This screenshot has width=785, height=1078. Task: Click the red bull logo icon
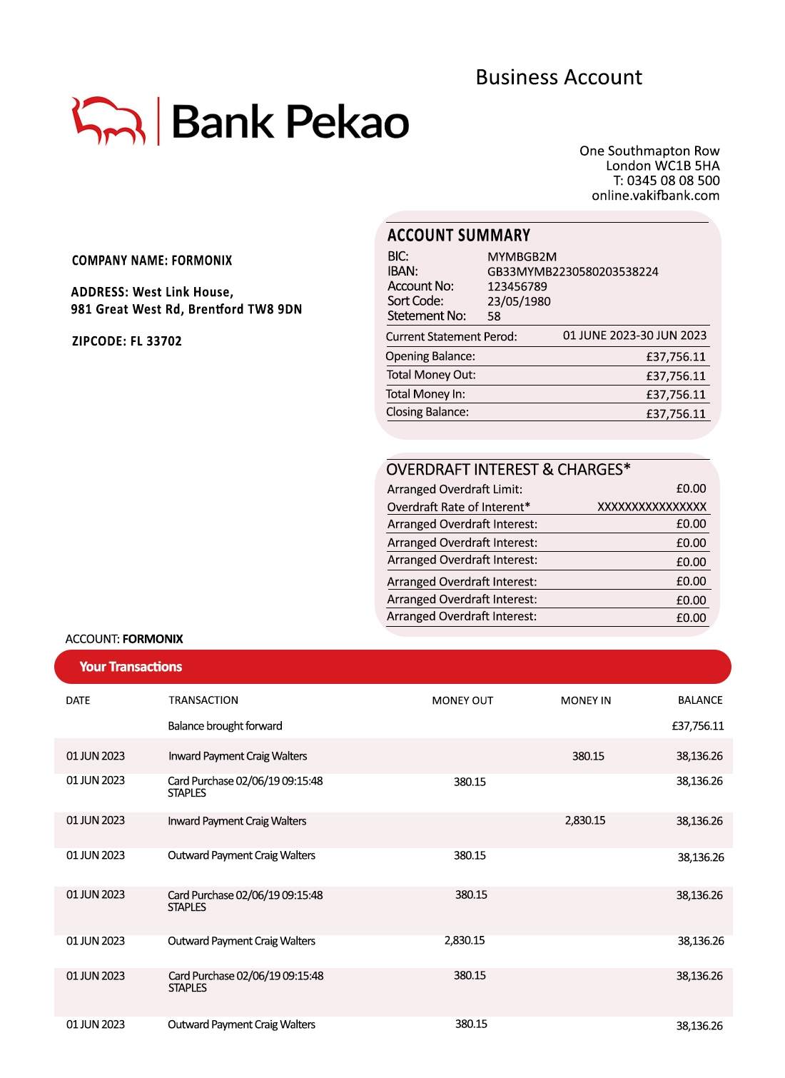(x=108, y=121)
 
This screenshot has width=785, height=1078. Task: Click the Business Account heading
(x=559, y=77)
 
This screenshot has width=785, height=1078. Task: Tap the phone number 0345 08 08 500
(x=673, y=181)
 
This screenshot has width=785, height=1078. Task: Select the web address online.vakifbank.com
(x=655, y=196)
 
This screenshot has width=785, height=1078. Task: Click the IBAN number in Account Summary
(x=572, y=272)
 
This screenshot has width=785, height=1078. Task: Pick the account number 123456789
(x=517, y=286)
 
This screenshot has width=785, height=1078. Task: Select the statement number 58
(x=494, y=316)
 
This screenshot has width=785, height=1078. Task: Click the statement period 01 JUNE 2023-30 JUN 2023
(x=634, y=336)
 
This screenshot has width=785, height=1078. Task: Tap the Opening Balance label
(x=430, y=356)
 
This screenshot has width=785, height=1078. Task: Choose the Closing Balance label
(x=427, y=412)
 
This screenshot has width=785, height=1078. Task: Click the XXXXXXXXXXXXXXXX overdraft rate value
(x=652, y=507)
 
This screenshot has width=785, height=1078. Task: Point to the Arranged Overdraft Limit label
(x=455, y=489)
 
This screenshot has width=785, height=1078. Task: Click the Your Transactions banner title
(x=131, y=667)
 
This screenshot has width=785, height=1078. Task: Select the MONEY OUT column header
(x=462, y=700)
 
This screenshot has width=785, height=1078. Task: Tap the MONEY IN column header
(x=586, y=700)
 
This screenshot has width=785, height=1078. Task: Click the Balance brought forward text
(x=225, y=726)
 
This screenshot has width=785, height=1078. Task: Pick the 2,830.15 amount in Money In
(x=585, y=821)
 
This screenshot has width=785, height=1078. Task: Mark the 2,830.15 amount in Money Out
(x=465, y=941)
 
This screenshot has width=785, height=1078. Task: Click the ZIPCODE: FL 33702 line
(x=127, y=341)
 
